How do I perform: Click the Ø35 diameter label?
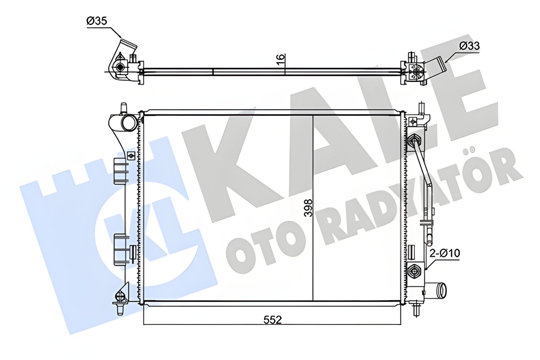97,21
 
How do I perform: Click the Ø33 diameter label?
469,46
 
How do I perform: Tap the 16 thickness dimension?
281,60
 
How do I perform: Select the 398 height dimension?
309,208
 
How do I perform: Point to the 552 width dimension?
273,319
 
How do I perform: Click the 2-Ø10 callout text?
445,253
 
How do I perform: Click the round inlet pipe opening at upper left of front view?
129,123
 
